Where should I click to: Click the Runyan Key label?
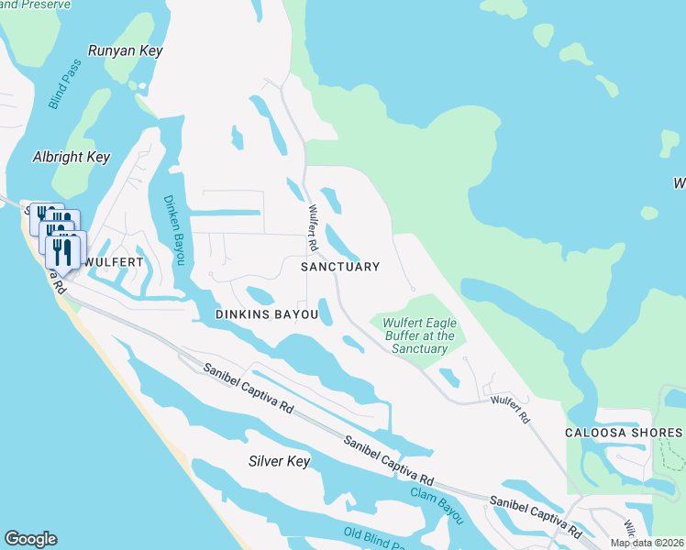[125, 51]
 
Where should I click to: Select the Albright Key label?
[72, 158]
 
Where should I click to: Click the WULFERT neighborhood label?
[113, 262]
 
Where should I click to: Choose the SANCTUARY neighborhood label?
[340, 267]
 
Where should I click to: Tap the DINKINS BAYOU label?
[266, 314]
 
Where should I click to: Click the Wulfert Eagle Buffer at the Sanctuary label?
[419, 336]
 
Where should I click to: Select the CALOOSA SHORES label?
[636, 433]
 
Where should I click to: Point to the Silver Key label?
[280, 461]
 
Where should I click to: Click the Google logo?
[30, 539]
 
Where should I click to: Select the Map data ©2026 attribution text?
[647, 543]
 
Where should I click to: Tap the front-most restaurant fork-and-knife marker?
[62, 252]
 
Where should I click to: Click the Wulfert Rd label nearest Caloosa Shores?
[511, 409]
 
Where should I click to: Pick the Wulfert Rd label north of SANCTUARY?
[315, 227]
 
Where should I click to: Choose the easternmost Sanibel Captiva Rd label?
[537, 515]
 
